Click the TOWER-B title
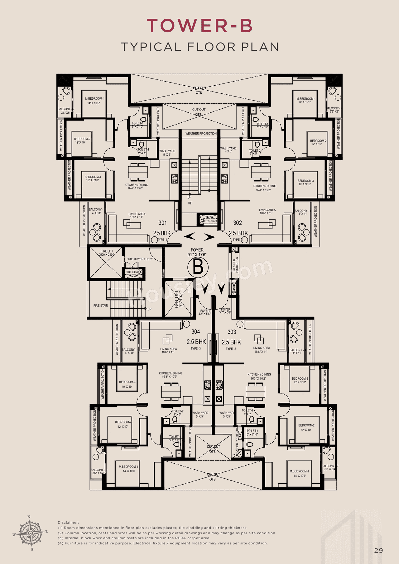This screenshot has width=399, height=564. (199, 26)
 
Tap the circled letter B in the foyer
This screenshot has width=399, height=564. (198, 267)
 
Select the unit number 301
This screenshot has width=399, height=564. (162, 223)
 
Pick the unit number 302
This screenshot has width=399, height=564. (238, 223)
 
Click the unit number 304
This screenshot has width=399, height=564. (196, 332)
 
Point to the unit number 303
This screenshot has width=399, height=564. (232, 332)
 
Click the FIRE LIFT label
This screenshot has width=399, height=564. (107, 251)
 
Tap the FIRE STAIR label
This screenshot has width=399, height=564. (101, 306)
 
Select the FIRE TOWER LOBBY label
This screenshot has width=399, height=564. (140, 259)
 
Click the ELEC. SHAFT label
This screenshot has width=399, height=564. (210, 221)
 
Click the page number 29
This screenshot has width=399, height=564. (378, 551)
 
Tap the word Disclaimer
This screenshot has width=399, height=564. (68, 523)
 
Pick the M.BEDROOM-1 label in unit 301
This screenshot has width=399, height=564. (95, 99)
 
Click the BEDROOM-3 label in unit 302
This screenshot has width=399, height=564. (305, 181)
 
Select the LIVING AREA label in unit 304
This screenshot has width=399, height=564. (169, 349)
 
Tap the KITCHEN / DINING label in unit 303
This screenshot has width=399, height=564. (259, 375)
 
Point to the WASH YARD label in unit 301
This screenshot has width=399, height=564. (167, 151)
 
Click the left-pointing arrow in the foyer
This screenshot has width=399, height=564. (190, 237)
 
